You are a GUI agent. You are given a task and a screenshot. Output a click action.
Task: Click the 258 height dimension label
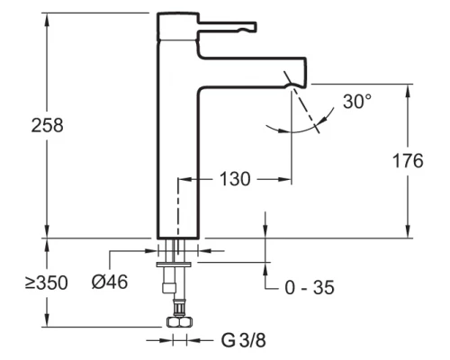pyautogui.click(x=48, y=125)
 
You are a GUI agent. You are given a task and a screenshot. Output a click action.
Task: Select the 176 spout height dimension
pyautogui.click(x=408, y=161)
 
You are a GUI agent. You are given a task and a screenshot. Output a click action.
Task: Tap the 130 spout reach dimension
pyautogui.click(x=235, y=179)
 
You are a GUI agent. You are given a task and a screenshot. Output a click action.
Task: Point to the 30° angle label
pyautogui.click(x=357, y=102)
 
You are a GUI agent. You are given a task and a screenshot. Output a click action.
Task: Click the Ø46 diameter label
pyautogui.click(x=110, y=282)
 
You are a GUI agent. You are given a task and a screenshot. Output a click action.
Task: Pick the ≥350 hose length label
pyautogui.click(x=47, y=283)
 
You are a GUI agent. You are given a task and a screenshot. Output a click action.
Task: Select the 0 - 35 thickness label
pyautogui.click(x=310, y=288)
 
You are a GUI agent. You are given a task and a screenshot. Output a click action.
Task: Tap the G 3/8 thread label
pyautogui.click(x=244, y=340)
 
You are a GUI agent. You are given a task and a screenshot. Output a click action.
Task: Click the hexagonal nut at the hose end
pyautogui.click(x=179, y=322)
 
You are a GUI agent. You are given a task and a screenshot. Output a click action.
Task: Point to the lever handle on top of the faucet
pyautogui.click(x=227, y=27)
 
